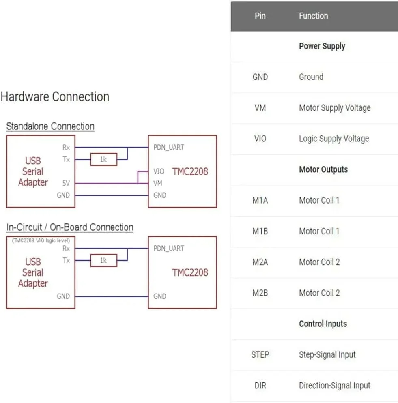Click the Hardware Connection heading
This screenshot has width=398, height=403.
55,97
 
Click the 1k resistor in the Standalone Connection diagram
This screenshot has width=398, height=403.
103,160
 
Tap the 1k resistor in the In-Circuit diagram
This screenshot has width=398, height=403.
103,261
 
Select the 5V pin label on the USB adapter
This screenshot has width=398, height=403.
66,183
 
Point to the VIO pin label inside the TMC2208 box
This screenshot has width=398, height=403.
159,171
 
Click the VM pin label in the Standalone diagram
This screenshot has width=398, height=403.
158,183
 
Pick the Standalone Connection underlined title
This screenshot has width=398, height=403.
50,126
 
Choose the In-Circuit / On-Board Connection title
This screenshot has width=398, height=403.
70,227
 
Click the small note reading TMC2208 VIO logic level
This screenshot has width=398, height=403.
41,241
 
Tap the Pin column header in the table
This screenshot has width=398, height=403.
260,16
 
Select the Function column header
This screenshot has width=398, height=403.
313,16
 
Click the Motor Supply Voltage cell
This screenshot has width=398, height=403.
335,108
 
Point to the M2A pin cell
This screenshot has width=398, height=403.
260,262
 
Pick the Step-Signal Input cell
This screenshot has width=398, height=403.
327,355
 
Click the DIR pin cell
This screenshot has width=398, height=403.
260,386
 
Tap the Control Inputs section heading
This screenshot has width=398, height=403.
323,324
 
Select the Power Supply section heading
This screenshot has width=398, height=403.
322,46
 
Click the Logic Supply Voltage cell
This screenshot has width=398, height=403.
334,139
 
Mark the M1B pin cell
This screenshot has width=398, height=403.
260,231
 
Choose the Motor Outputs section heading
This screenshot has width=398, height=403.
323,169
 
